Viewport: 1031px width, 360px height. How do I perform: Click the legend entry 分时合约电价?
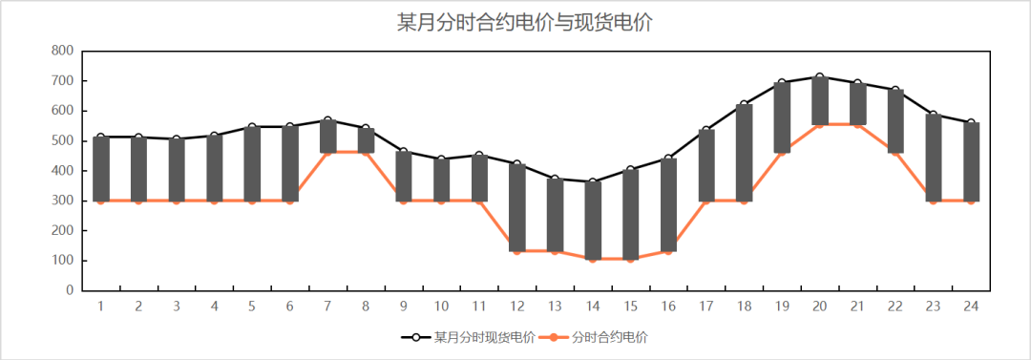coord(611,337)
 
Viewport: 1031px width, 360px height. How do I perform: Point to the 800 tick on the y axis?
coord(63,51)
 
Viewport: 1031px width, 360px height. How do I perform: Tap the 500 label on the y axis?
coord(63,140)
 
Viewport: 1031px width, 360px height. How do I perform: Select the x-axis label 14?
coord(593,307)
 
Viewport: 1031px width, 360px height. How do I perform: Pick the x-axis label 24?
coord(971,307)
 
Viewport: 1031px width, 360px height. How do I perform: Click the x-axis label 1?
coord(100,307)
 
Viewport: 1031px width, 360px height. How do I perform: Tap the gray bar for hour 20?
coord(820,100)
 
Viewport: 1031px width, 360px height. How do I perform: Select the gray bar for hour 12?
coord(516,207)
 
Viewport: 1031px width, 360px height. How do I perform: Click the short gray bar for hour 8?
coord(366,139)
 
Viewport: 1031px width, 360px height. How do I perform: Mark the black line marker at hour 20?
coord(820,76)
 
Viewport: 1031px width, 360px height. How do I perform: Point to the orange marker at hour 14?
coord(593,259)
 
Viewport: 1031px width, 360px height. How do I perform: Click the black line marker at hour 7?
coord(327,120)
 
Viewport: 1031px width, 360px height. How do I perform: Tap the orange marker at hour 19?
coord(782,153)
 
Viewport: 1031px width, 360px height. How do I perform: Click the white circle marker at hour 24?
coord(971,122)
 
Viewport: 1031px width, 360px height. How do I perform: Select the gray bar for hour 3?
coord(177,170)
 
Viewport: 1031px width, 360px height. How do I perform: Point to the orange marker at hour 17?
coord(706,201)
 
